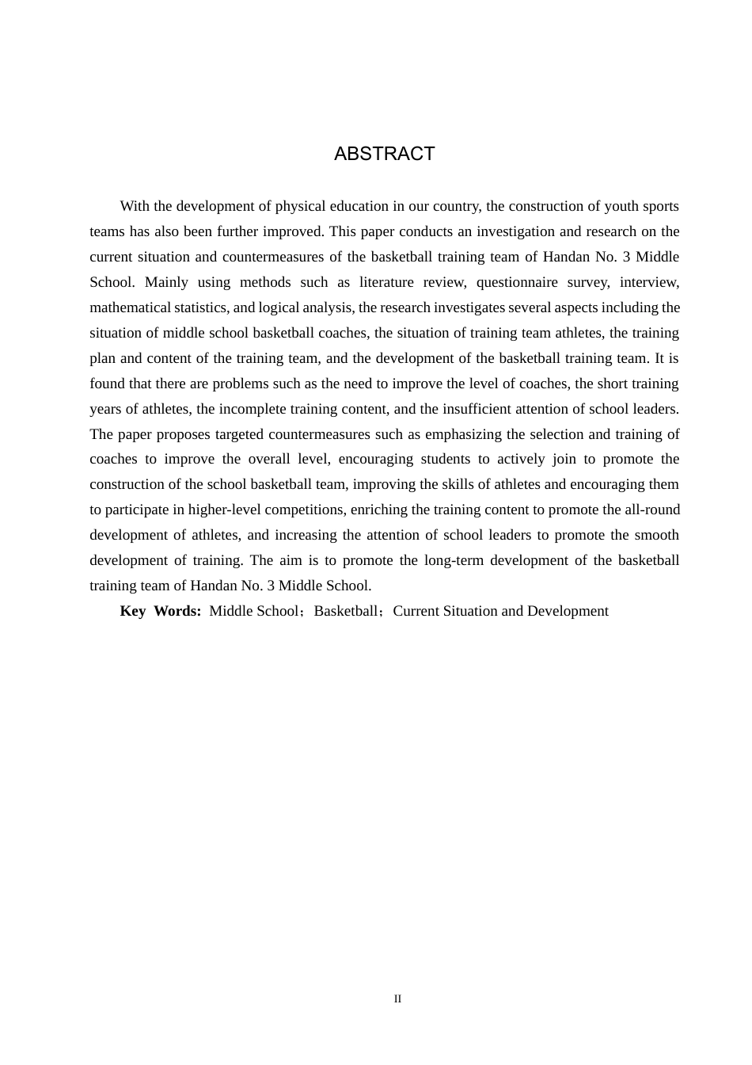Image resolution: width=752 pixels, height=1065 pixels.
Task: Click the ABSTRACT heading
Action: [384, 154]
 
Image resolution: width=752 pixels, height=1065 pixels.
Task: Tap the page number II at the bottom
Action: [397, 999]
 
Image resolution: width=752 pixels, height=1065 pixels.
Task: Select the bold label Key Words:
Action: [161, 611]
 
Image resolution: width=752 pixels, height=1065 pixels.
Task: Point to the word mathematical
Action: [130, 307]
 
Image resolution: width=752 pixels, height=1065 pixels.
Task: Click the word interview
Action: [650, 282]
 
